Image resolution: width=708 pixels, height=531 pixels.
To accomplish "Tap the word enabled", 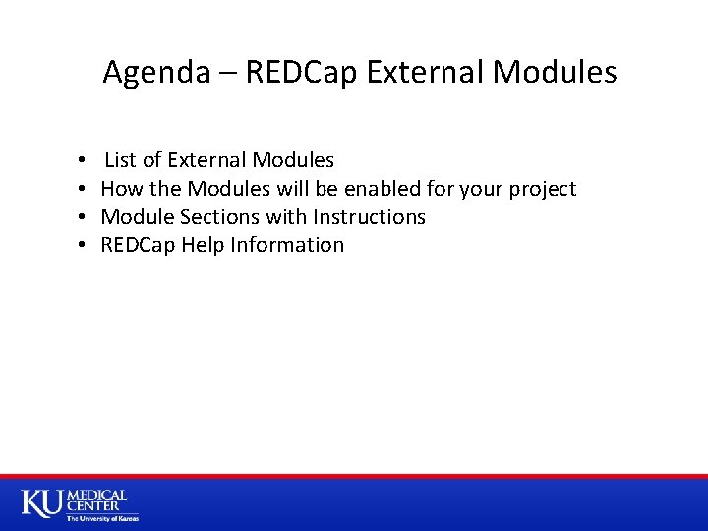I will (x=380, y=189).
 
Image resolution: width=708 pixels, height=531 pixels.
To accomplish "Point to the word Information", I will (x=287, y=245).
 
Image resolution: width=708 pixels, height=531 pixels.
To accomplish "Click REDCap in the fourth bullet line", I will (x=138, y=245).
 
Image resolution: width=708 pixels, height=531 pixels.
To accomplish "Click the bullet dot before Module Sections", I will (x=79, y=217).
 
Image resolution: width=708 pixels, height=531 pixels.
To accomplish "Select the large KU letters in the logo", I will (x=41, y=502).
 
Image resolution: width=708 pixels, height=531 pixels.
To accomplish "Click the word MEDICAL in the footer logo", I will (x=96, y=496).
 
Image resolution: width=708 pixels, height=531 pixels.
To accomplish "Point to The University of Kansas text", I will (x=102, y=518).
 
